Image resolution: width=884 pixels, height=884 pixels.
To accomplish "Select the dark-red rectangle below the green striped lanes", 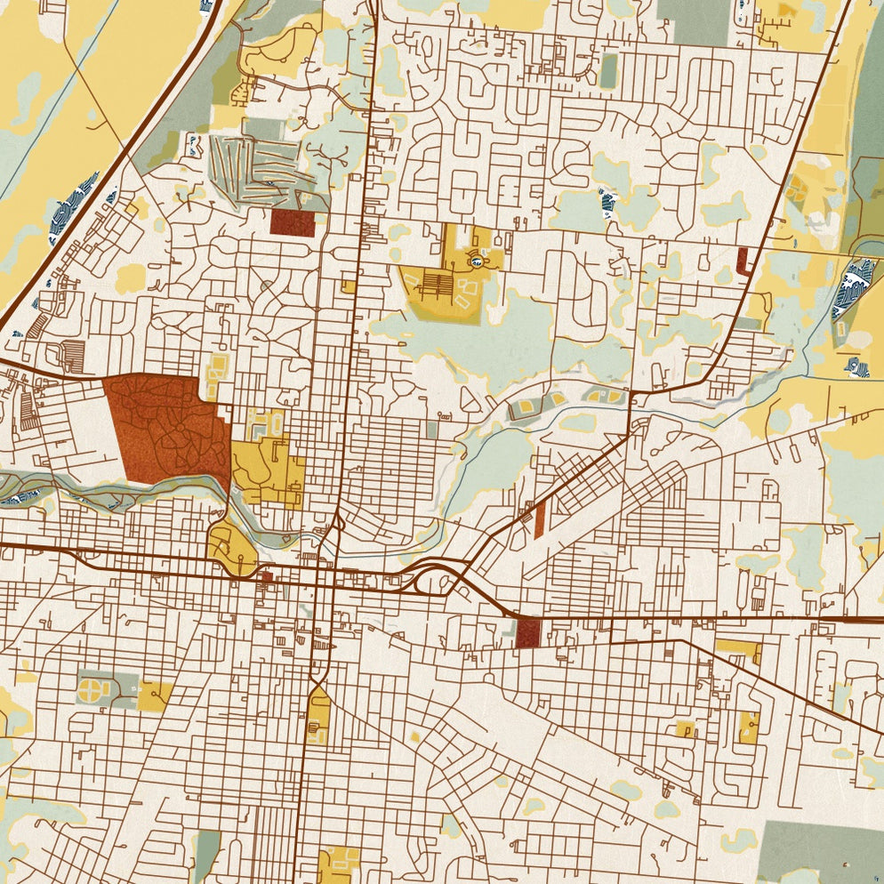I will [293, 223].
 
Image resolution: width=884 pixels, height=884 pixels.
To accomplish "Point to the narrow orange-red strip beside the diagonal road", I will [539, 519].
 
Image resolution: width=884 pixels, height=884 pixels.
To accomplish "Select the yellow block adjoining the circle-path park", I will [156, 695].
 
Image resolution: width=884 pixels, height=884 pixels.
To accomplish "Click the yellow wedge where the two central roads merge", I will [318, 716].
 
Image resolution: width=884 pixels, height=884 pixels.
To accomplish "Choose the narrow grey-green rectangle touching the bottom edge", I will [206, 856].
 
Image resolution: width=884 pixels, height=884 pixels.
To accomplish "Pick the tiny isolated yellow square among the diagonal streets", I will [414, 737].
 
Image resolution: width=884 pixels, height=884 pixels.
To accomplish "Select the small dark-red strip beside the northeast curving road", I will [743, 261].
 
